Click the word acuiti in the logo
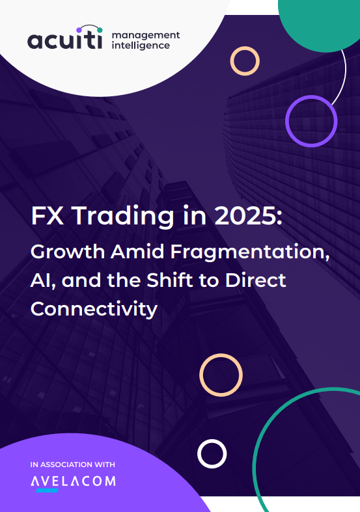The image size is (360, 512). tap(64, 40)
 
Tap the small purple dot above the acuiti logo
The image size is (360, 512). tap(79, 30)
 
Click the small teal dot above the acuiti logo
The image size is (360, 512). tap(100, 30)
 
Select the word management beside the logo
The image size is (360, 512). tap(146, 35)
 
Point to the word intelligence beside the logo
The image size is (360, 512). tap(141, 46)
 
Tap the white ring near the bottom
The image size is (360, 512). tap(212, 440)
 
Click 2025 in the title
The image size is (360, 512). tap(248, 216)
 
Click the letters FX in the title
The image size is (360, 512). tap(47, 216)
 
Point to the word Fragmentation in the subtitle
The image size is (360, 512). tap(250, 252)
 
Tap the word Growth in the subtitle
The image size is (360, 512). tap(67, 252)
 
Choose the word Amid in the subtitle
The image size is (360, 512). tap(137, 252)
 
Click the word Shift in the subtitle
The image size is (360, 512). tap(170, 280)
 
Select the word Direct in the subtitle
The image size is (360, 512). tap(255, 280)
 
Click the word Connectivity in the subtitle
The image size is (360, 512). tap(94, 309)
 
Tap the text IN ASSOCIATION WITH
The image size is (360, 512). tap(72, 465)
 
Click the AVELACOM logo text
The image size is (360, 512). tap(73, 481)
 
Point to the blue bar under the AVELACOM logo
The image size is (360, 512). tap(48, 490)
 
